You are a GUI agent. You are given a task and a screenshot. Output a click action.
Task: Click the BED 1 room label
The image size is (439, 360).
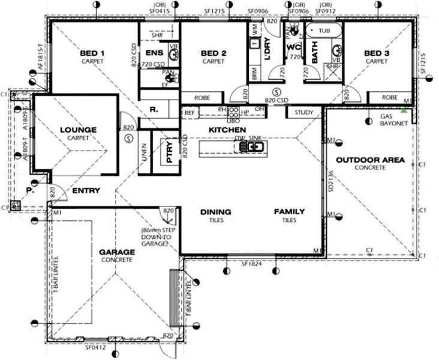tap(92, 53)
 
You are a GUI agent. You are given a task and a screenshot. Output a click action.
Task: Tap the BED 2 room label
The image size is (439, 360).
tap(213, 53)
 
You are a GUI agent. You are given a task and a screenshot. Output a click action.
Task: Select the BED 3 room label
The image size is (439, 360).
tap(377, 53)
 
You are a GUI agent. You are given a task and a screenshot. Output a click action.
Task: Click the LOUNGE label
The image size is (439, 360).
tap(79, 130)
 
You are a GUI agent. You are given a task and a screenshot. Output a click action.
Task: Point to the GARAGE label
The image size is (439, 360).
tap(117, 252)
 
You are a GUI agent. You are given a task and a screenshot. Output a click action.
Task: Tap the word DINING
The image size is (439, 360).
tap(215, 212)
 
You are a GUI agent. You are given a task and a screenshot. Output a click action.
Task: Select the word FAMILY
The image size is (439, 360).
tap(290, 212)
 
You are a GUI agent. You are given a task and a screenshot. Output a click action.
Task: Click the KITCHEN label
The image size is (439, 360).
tap(227, 130)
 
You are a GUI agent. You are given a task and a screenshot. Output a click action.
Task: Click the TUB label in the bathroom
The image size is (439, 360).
tap(324, 30)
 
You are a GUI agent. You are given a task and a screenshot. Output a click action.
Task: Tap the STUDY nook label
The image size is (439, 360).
tap(304, 112)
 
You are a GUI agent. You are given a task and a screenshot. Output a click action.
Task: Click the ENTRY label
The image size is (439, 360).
tap(86, 191)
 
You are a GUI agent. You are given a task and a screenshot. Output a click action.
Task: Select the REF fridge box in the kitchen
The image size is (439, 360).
tap(190, 112)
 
